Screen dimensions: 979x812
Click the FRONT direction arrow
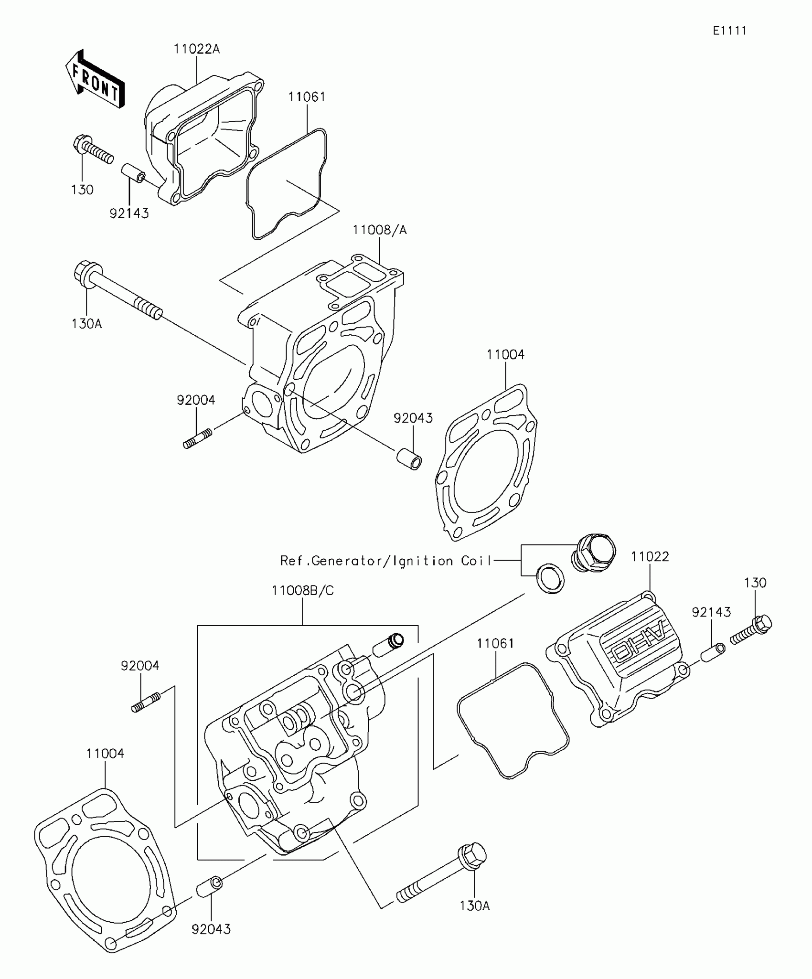coord(95,79)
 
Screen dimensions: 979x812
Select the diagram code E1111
coord(729,31)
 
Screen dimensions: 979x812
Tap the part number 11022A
coord(197,49)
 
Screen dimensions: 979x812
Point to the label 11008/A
coord(380,230)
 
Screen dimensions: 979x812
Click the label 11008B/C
coord(303,591)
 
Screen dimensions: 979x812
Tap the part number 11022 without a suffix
coord(650,556)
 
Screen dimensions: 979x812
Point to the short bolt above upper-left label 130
coord(93,149)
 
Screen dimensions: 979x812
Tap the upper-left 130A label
coord(87,324)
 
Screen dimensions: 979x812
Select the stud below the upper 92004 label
coord(197,438)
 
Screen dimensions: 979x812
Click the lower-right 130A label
coord(475,906)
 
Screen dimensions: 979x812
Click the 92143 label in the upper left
coord(129,213)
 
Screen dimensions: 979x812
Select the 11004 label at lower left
coord(105,754)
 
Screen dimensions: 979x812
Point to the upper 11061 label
coord(307,97)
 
